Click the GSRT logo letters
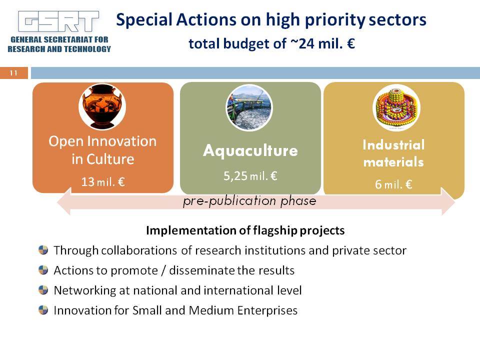point(58,21)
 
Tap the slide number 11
point(13,73)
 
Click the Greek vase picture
point(102,106)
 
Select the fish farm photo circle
point(249,108)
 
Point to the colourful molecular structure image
point(396,108)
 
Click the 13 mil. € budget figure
point(103,182)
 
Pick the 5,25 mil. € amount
point(250,176)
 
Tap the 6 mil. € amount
point(393,184)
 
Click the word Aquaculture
point(250,150)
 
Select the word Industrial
point(393,145)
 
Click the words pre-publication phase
point(249,201)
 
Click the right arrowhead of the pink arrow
point(448,201)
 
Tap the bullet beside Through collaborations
point(43,250)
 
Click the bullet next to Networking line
point(43,289)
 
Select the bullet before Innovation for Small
point(43,310)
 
